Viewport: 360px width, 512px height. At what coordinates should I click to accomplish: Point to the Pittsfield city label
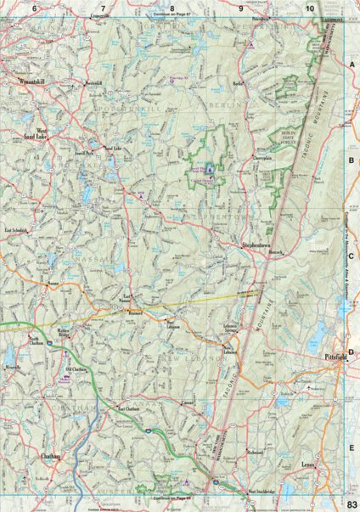(x=337, y=358)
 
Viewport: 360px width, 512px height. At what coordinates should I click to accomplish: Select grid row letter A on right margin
(x=351, y=65)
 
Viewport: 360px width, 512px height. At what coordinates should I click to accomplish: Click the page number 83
(x=352, y=505)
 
